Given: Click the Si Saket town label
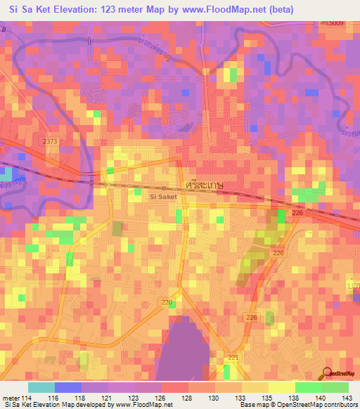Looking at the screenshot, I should coord(164,197).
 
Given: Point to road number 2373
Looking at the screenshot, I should coord(49,141).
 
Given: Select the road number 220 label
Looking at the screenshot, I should coord(166,303).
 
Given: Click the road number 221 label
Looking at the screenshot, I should coord(233,358).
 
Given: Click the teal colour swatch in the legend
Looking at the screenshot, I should coord(41,387).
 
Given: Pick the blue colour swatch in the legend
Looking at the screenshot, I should coord(67,387).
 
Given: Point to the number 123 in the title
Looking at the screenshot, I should coord(115,9).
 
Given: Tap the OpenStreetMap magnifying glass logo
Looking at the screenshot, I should coord(328,375).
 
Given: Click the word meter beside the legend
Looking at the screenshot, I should coord(11,398).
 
